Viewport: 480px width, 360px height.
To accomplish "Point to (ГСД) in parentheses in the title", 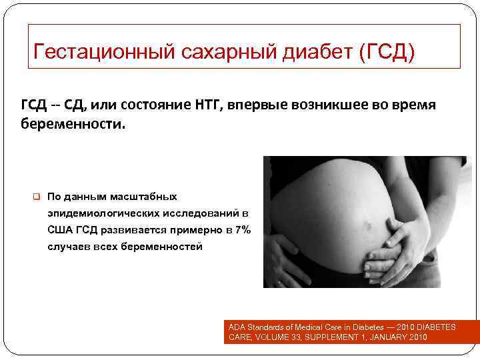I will click(x=386, y=51).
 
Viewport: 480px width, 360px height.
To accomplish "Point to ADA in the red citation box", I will click(x=236, y=327).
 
